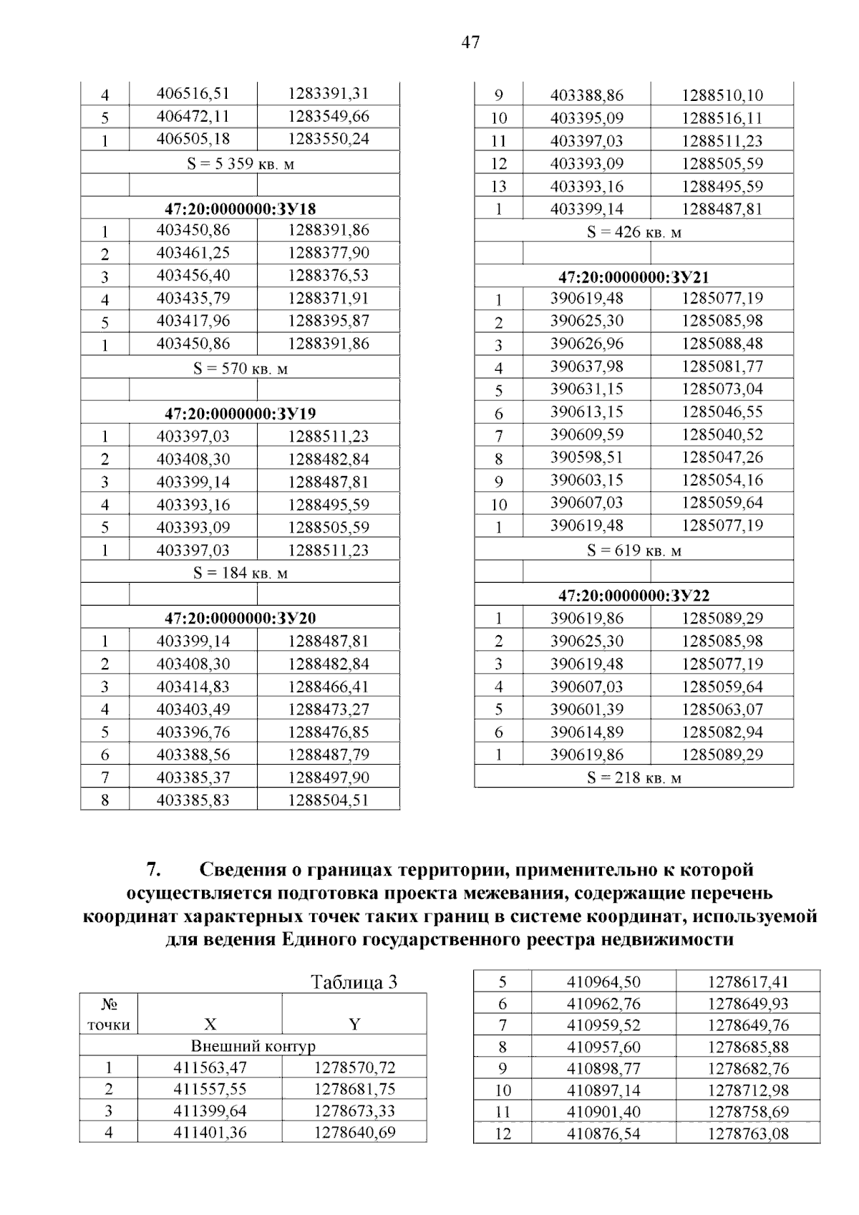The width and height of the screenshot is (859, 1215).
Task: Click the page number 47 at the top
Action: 470,43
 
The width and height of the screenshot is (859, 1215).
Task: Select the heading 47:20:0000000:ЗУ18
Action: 240,208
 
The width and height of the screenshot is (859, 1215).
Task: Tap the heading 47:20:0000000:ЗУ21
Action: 634,276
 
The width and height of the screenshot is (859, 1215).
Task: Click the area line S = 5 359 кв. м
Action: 240,164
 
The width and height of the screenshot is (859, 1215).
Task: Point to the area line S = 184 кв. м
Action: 240,573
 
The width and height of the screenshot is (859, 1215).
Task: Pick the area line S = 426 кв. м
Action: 634,232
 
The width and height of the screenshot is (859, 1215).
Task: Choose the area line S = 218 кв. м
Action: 634,778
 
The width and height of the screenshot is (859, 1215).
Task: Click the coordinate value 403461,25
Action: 193,253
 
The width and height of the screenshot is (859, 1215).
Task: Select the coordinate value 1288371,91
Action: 329,298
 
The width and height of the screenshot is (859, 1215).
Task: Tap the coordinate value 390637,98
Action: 586,367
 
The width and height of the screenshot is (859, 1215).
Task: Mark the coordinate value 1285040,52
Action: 722,435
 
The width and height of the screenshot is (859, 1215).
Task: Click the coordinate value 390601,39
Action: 586,709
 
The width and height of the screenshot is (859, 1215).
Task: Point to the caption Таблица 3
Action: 354,982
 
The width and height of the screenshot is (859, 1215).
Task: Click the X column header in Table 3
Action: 210,1024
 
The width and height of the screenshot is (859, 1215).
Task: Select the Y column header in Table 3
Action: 354,1024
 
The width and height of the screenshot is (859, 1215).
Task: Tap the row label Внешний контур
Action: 253,1046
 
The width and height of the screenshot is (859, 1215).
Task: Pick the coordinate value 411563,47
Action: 210,1068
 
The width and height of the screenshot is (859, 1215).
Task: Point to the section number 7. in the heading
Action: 152,869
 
